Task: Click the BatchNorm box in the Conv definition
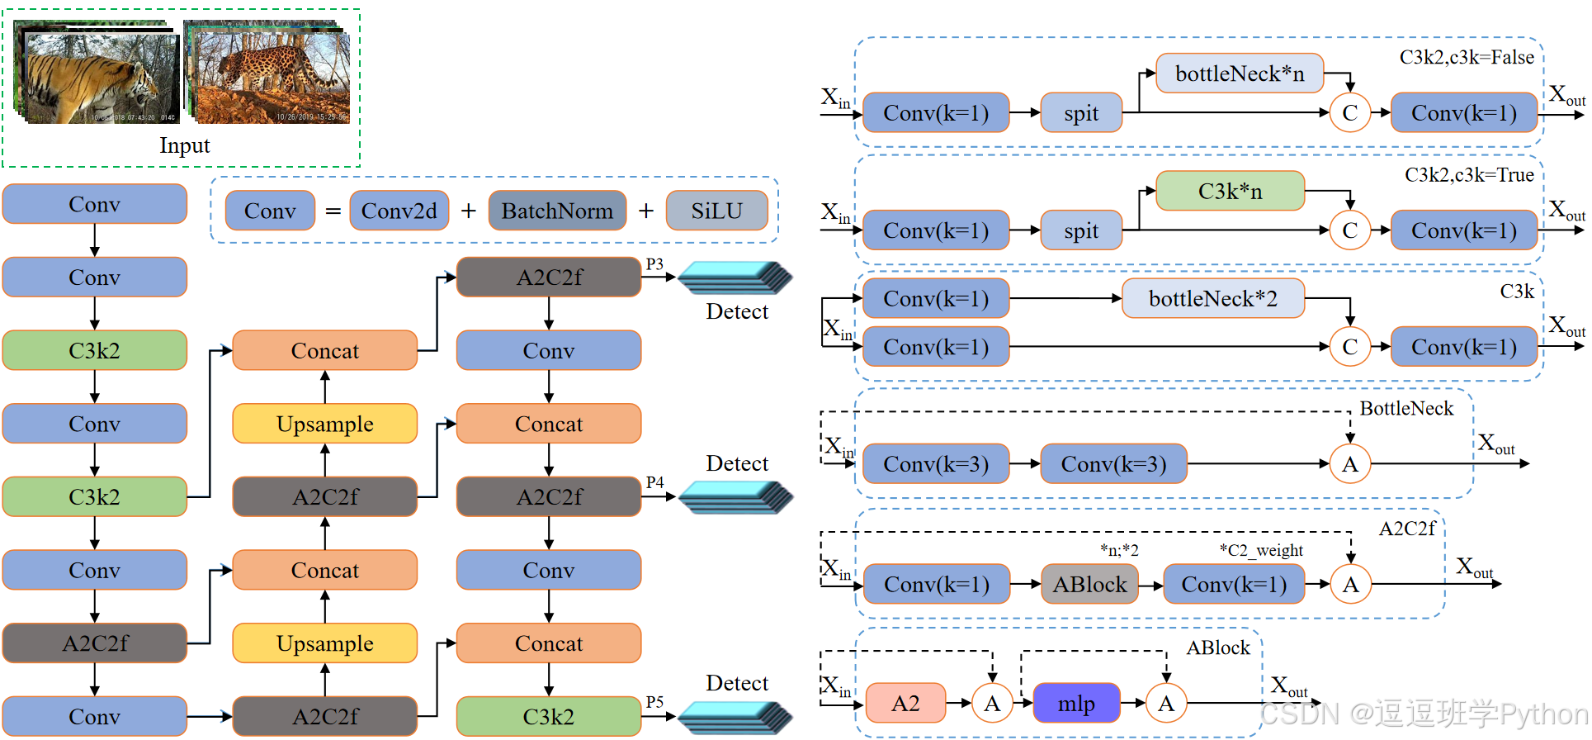(x=557, y=211)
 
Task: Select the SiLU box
(x=716, y=211)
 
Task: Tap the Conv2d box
(x=399, y=211)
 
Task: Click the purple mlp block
(x=1076, y=703)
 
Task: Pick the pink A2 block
(x=905, y=703)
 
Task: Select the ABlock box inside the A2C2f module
(x=1089, y=584)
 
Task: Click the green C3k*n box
(x=1230, y=191)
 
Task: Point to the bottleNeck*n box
(x=1240, y=74)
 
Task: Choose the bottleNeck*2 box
(x=1213, y=298)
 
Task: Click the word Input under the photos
(x=185, y=145)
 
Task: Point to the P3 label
(x=654, y=264)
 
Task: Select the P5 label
(x=654, y=702)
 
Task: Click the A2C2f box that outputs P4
(x=549, y=496)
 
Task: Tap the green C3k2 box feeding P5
(x=549, y=716)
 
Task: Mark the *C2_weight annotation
(x=1261, y=551)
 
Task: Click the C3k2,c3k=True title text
(x=1469, y=175)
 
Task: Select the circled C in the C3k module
(x=1350, y=347)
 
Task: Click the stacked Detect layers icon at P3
(x=735, y=277)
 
